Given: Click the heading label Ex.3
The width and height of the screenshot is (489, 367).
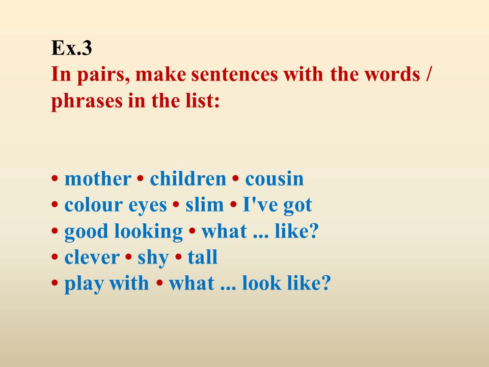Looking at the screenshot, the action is (71, 48).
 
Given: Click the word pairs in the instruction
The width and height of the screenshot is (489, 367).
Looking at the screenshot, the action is (103, 75).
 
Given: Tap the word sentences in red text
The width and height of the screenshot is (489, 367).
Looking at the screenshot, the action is (234, 74).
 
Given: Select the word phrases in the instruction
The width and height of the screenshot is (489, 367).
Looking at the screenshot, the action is (87, 101).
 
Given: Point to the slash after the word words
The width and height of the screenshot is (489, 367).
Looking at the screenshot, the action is (428, 74).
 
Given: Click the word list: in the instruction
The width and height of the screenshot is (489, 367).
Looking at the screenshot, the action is (203, 100).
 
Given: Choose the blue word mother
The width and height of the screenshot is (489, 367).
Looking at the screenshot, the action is (98, 179).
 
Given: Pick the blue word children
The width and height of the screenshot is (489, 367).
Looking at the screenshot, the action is (188, 178).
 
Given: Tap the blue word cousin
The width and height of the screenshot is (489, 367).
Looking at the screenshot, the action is (275, 179).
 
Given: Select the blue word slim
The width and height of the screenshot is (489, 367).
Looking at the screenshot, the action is (205, 205).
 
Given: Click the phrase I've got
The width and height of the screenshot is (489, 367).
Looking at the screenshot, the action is (277, 205).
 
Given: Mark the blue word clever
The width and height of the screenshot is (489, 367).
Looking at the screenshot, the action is (92, 257).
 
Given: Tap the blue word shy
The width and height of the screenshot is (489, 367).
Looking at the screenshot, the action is (153, 258).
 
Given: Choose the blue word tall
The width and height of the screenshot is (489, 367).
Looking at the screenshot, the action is (202, 257).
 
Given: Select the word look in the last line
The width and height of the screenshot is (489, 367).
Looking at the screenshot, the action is (261, 283).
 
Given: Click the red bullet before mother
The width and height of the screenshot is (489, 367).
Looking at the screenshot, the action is (55, 179).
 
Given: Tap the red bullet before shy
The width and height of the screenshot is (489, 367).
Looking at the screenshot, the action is (128, 257).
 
